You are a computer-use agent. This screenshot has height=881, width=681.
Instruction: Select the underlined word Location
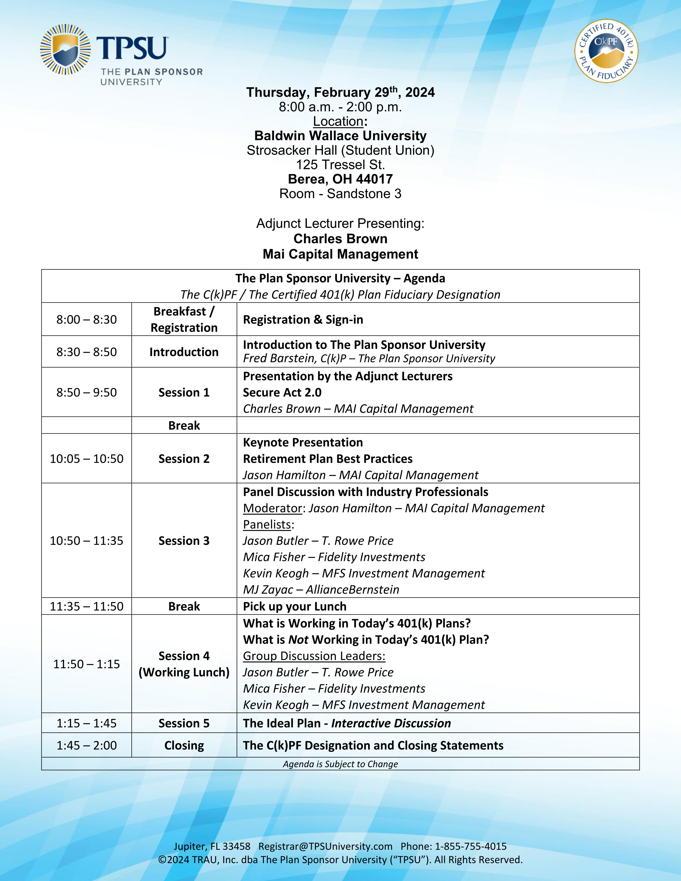338,121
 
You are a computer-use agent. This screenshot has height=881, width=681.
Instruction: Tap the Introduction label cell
184,352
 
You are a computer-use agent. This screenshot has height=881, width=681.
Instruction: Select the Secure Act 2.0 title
282,392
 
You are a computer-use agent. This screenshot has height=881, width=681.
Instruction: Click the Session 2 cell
184,459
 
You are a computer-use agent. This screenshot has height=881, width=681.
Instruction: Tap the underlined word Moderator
272,508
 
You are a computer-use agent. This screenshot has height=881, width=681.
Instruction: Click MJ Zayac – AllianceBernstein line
321,589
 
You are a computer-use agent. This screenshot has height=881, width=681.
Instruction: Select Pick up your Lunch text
295,606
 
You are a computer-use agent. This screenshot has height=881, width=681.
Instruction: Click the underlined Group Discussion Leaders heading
314,656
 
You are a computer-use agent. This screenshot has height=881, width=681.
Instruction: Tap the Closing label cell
184,745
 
